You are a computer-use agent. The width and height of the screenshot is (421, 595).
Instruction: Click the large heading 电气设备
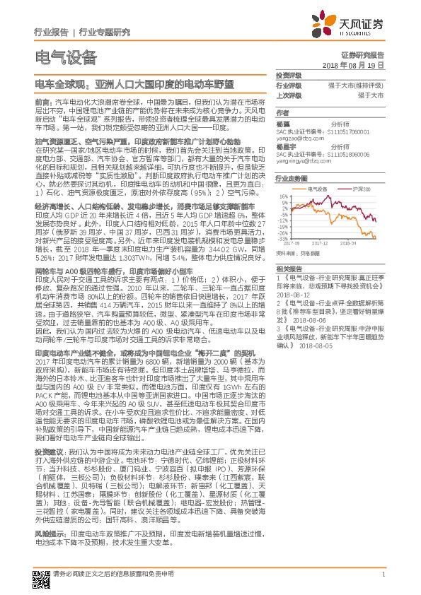[x=64, y=57]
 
